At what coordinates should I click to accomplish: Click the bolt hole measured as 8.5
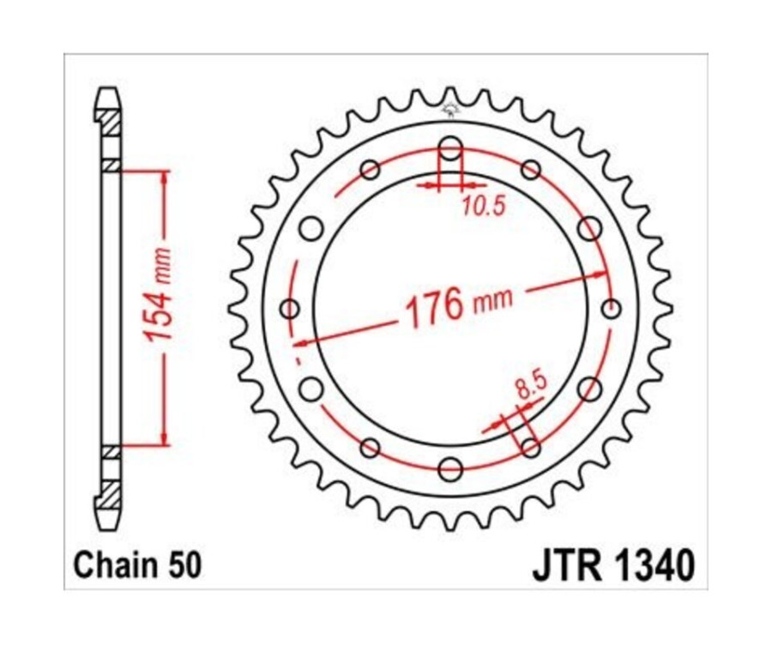pyautogui.click(x=531, y=448)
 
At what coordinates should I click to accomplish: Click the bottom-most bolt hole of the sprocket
pyautogui.click(x=450, y=468)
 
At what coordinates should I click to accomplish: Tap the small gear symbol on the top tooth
pyautogui.click(x=450, y=109)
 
